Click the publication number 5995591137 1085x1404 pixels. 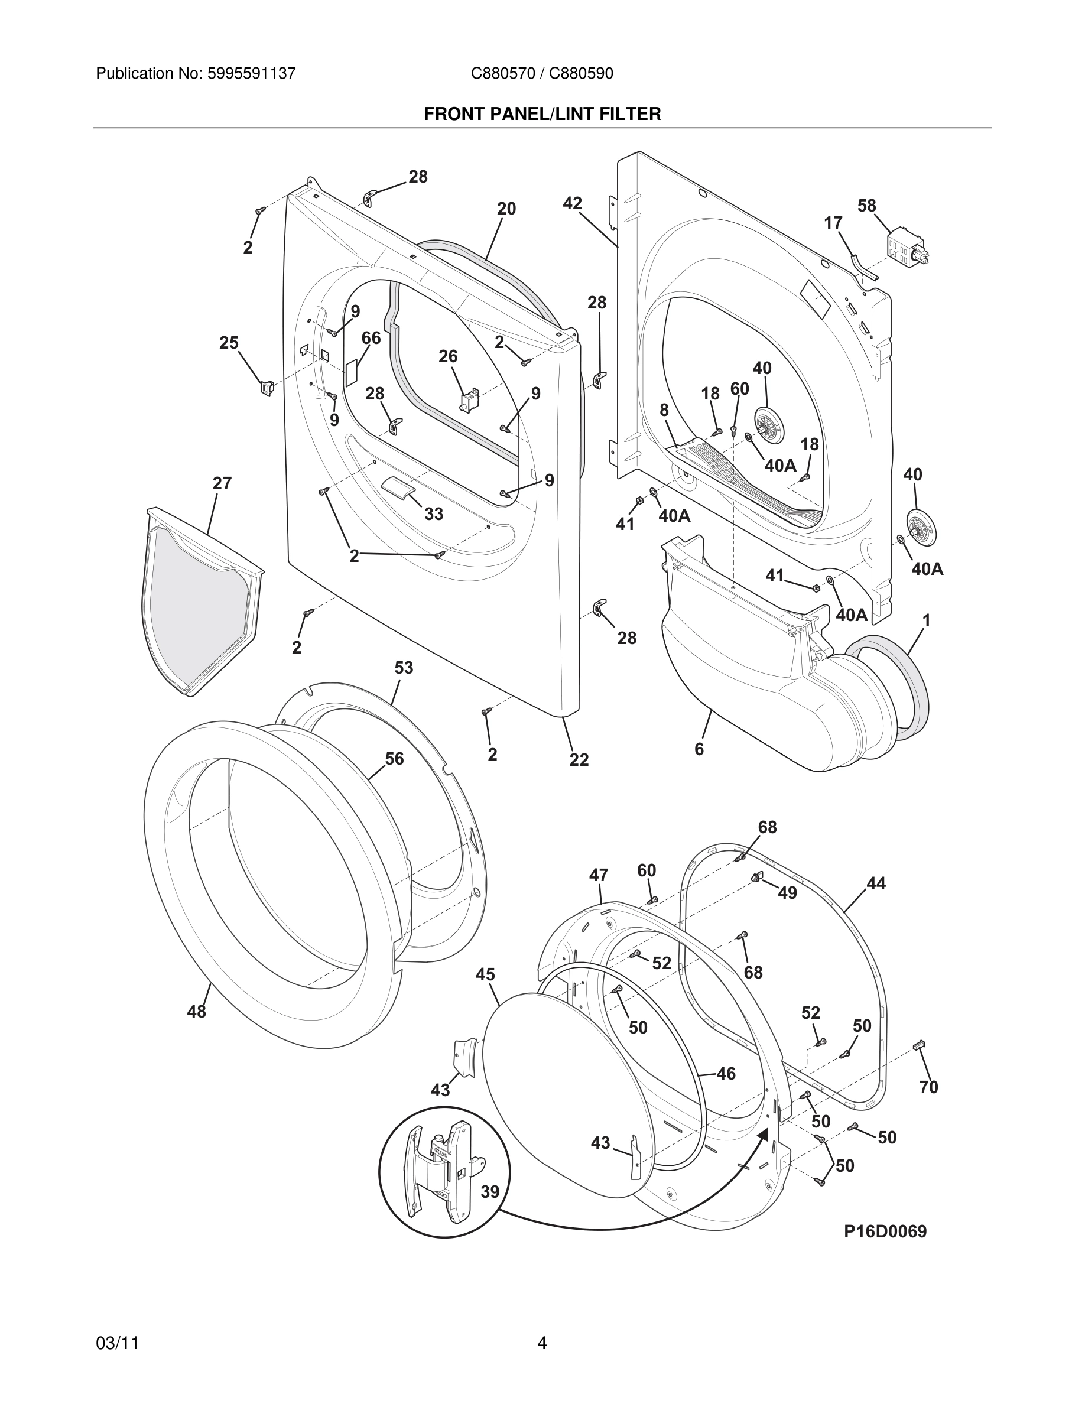click(x=251, y=74)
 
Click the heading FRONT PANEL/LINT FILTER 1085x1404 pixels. click(x=542, y=115)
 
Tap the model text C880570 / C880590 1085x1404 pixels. click(x=542, y=74)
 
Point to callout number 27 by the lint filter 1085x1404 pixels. click(x=222, y=483)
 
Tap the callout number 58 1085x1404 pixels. click(x=866, y=206)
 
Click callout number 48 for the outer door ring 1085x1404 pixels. click(x=197, y=1012)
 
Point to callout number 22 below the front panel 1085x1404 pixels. click(x=579, y=760)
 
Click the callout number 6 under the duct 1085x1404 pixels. click(x=699, y=749)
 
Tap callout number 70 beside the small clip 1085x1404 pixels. click(x=928, y=1087)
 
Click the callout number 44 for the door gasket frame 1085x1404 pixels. click(x=875, y=884)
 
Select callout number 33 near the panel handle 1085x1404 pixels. click(x=434, y=513)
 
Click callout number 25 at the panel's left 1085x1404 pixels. click(x=229, y=343)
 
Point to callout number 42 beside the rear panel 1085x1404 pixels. click(x=572, y=204)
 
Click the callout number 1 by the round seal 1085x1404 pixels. click(x=926, y=620)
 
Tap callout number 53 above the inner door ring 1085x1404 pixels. click(x=404, y=668)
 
